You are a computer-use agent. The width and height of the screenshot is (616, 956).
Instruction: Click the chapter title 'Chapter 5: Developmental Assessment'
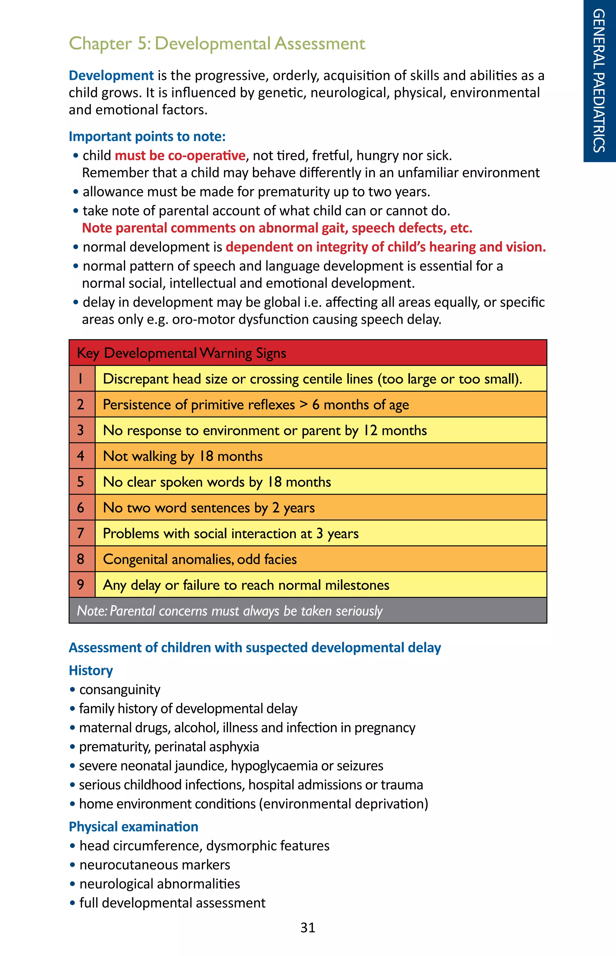(x=217, y=44)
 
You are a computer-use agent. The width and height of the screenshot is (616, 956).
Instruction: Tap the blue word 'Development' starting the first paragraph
(x=111, y=75)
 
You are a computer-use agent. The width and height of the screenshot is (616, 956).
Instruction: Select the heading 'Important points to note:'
(x=147, y=137)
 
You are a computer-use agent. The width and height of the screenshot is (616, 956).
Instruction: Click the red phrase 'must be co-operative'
(x=180, y=155)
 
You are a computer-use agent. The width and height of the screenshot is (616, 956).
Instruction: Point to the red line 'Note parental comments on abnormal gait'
(x=277, y=228)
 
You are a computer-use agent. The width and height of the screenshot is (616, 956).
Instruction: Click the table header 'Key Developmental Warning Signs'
(x=181, y=353)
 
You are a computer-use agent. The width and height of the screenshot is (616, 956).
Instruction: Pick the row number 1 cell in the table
(x=81, y=378)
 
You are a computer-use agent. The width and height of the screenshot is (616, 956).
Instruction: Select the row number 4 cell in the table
(x=81, y=456)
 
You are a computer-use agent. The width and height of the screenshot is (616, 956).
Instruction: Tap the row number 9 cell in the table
(x=81, y=584)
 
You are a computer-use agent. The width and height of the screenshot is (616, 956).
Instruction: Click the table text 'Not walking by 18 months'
(x=183, y=456)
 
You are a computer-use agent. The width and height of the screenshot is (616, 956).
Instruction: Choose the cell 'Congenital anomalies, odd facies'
(x=200, y=559)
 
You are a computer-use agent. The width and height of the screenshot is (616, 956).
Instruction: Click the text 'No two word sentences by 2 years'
(x=209, y=508)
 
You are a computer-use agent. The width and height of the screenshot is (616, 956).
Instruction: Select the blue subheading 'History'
(x=91, y=670)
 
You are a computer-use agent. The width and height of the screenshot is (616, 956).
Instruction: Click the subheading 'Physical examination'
(x=133, y=826)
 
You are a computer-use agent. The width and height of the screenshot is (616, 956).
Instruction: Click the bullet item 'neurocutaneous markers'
(x=154, y=865)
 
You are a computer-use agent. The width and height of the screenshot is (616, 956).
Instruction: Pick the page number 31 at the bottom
(x=308, y=928)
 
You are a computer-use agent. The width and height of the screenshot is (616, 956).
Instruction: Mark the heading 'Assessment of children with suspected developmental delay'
(x=254, y=648)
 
